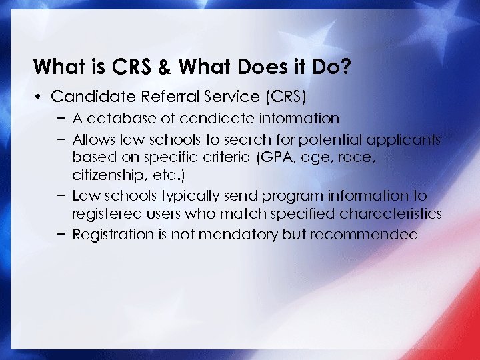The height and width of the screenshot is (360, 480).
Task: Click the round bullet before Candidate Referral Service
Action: click(x=39, y=98)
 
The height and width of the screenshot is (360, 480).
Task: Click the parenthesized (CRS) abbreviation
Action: click(x=284, y=97)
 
